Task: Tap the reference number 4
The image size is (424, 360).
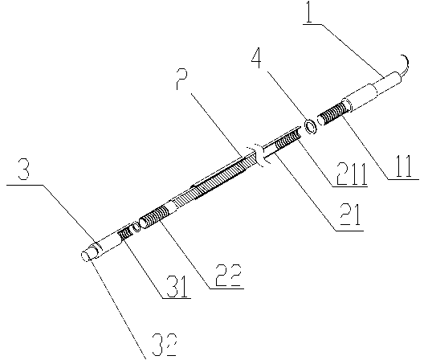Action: pos(257,59)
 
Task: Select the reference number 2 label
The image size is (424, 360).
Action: pos(181,80)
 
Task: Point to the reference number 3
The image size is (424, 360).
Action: pos(24,170)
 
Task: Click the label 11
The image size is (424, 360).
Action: pos(402,166)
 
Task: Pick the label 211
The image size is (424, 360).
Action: pos(352,174)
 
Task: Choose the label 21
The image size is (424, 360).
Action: pos(350,215)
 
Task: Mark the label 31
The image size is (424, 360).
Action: pos(177,286)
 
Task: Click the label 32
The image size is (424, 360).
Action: pos(165,344)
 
